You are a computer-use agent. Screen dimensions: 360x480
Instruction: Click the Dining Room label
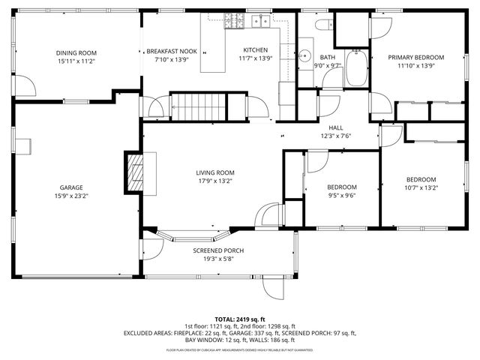(x=76, y=52)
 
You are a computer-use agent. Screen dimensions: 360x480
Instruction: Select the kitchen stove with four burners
(x=234, y=21)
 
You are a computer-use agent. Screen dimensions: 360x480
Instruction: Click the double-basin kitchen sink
(x=262, y=21)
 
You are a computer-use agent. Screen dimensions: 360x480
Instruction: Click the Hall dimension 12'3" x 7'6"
(x=336, y=136)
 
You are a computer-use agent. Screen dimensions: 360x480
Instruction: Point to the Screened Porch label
(x=218, y=250)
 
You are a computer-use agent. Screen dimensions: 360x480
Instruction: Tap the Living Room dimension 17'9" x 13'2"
(x=216, y=181)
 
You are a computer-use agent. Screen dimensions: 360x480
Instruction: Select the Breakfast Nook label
(x=171, y=51)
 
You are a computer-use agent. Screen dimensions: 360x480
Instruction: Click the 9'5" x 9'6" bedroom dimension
(x=341, y=195)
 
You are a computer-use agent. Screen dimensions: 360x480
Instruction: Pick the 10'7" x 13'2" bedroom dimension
(x=421, y=188)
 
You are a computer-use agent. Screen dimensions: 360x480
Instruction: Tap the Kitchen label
(x=253, y=49)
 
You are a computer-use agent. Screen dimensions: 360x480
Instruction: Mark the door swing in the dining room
(x=25, y=86)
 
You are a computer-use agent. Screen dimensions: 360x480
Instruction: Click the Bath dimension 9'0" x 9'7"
(x=327, y=65)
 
